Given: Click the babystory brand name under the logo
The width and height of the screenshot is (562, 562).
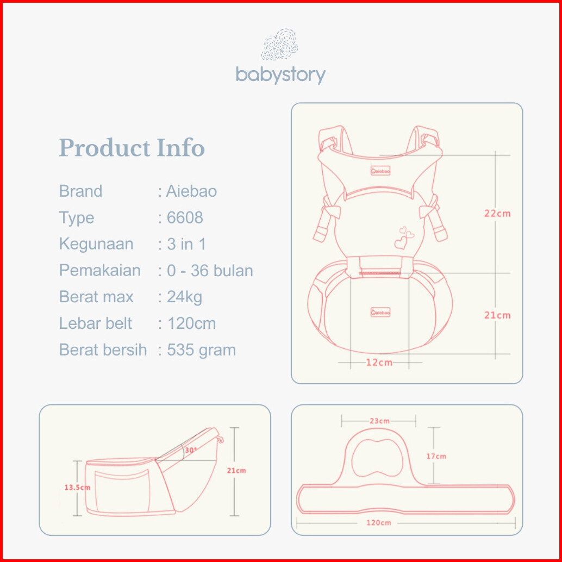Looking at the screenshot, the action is (x=280, y=75).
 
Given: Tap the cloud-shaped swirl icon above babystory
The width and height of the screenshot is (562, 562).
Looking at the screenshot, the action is (x=279, y=45).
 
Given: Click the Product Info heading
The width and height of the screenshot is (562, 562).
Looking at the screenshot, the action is (x=132, y=148).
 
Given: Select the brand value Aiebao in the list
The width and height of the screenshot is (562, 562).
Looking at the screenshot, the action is (x=191, y=191).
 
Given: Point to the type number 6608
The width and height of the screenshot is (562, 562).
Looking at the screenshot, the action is (x=185, y=217).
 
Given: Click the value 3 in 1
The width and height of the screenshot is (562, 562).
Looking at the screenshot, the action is (x=186, y=244).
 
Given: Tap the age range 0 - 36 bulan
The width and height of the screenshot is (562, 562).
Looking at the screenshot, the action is (x=210, y=271).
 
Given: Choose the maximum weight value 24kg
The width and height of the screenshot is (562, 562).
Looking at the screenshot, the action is (x=185, y=297).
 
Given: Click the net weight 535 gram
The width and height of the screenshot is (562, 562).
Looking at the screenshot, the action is (x=202, y=350).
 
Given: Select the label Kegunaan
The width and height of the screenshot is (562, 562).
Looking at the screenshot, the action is (x=96, y=245).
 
